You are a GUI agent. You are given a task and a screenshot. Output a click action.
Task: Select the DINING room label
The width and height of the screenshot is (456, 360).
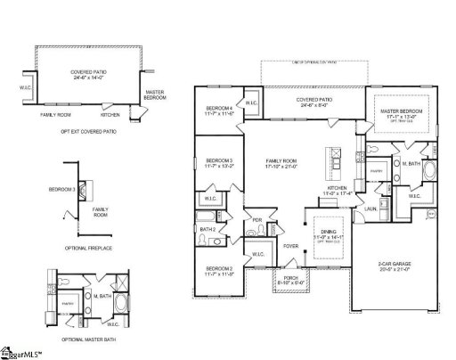(x=323, y=233)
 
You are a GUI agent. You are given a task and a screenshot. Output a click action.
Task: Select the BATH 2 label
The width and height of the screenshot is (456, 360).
(x=208, y=229)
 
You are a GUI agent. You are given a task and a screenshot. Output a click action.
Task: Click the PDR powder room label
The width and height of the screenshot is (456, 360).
(x=256, y=220)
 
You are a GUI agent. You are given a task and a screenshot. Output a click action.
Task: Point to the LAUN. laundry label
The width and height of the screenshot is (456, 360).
(x=370, y=209)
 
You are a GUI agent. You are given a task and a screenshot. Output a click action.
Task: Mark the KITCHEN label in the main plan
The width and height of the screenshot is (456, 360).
(x=337, y=189)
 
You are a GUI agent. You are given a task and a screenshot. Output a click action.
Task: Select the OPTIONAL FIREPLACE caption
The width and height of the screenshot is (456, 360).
(x=88, y=246)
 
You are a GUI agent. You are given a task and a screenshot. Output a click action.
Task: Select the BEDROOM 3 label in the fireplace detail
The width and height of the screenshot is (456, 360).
(x=62, y=189)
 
